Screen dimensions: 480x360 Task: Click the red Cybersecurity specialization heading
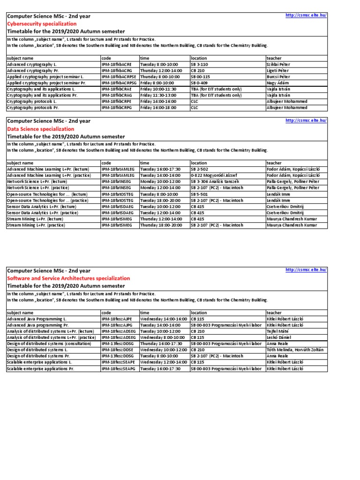pos(42,23)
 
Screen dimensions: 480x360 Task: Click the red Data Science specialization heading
pos(40,129)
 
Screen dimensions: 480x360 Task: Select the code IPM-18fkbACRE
pos(117,64)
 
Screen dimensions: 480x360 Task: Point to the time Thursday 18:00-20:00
pos(160,225)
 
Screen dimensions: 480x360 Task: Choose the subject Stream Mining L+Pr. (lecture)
pos(37,219)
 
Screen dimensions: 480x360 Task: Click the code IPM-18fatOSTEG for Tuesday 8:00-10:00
pos(118,194)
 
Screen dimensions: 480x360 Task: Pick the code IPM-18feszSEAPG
pos(119,369)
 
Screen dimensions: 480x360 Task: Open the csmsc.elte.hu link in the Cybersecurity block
pos(306,15)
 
